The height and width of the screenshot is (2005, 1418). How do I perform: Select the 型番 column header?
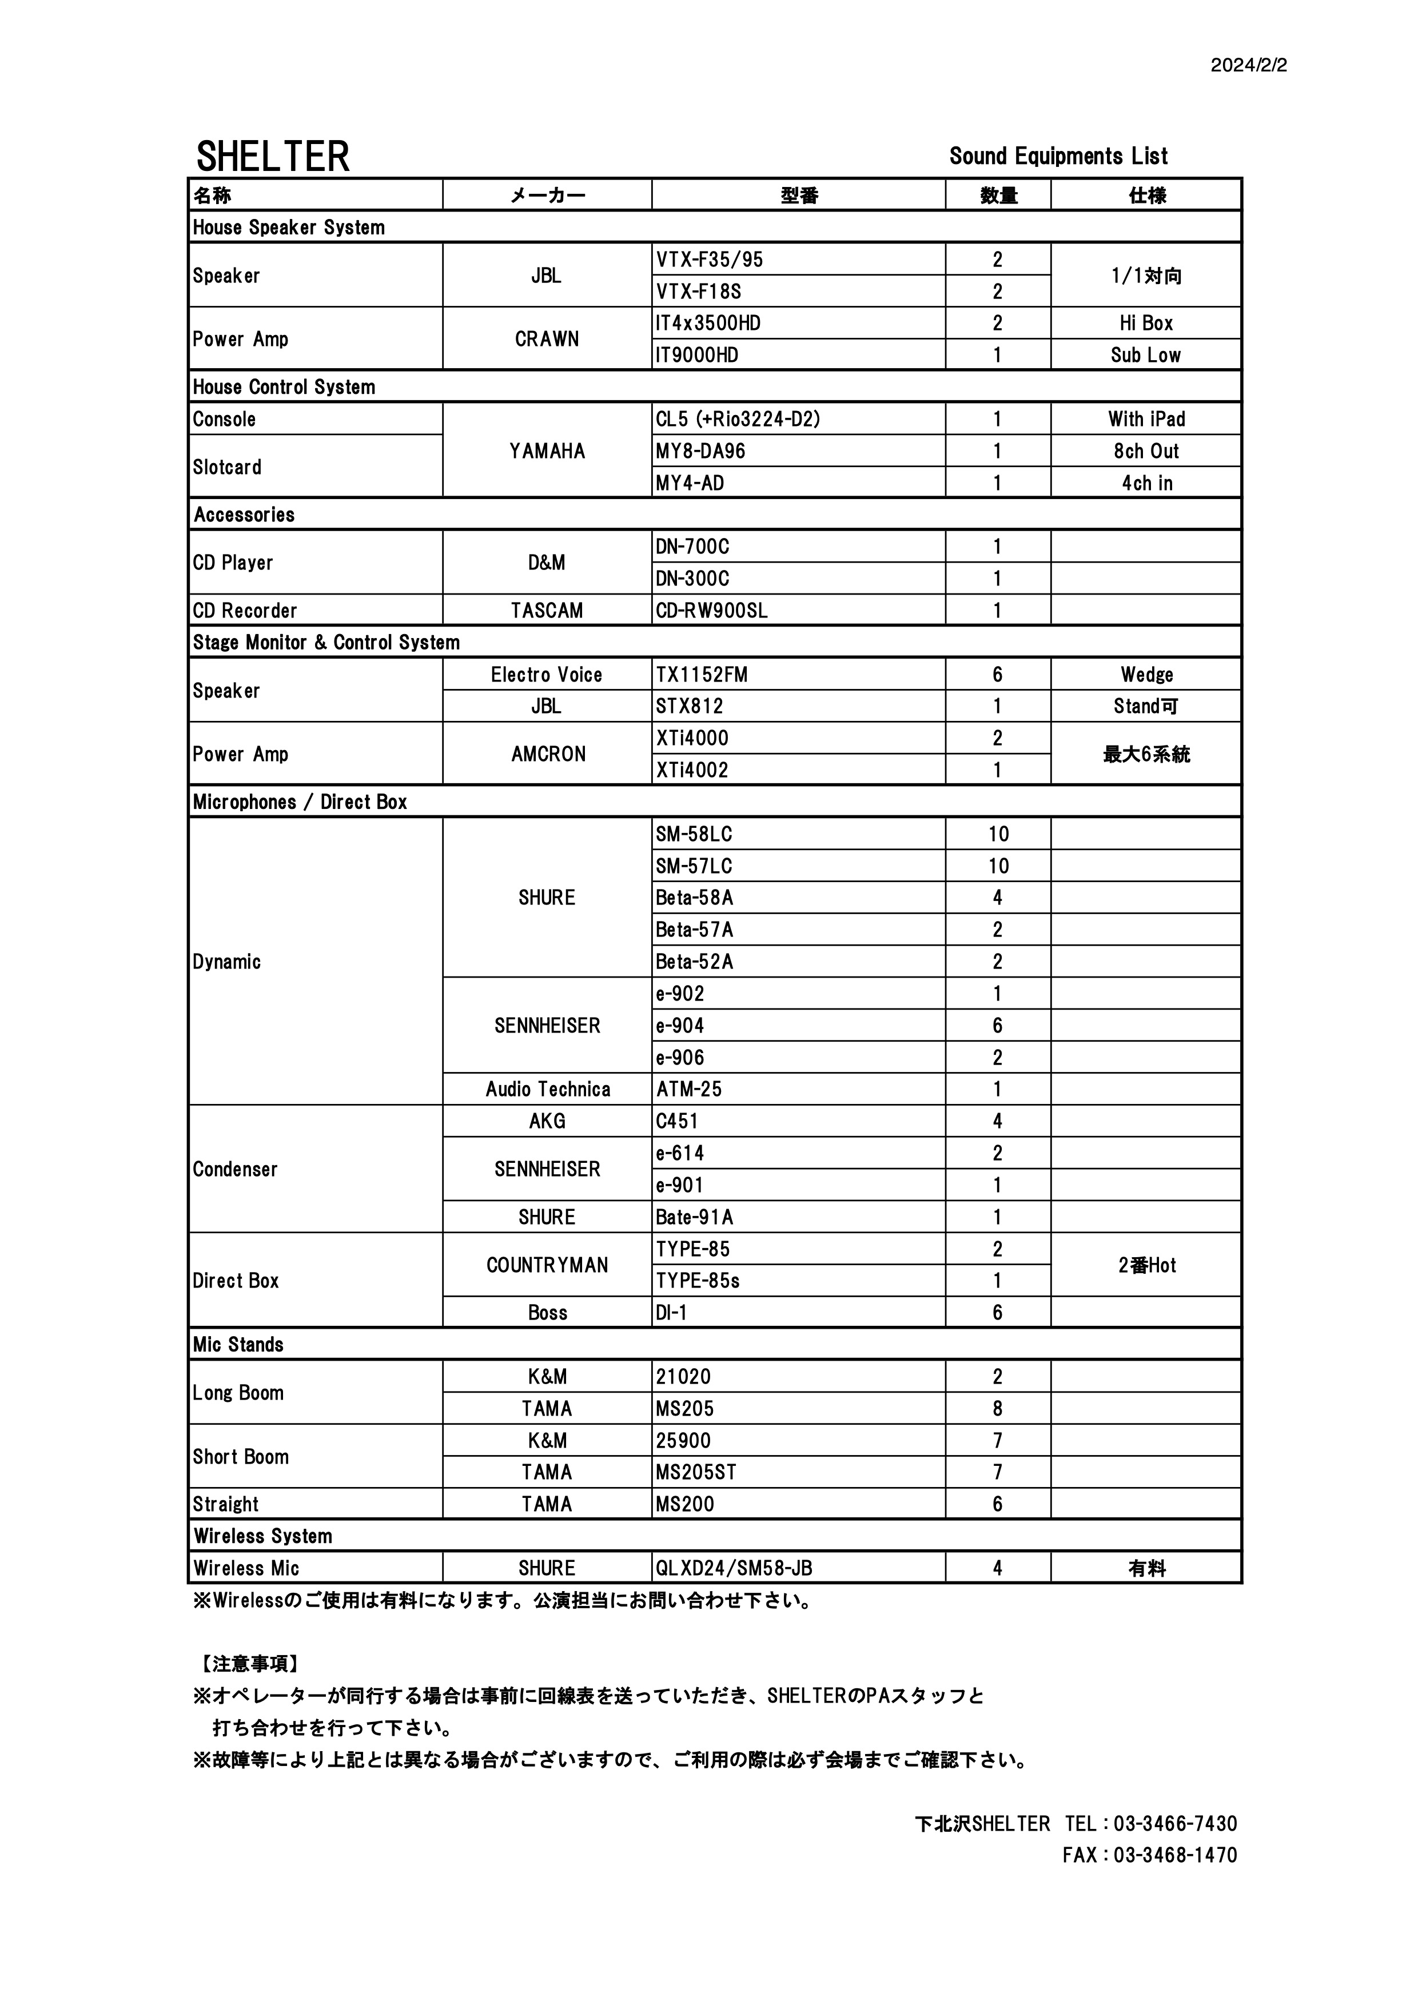tap(798, 196)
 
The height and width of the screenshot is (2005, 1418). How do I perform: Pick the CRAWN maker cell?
tap(547, 339)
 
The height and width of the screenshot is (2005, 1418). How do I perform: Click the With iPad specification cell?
tap(1146, 419)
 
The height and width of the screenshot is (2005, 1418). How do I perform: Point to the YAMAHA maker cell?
tap(547, 451)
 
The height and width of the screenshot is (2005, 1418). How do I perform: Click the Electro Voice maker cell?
tap(547, 674)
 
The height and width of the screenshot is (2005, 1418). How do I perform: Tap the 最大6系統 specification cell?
tap(1146, 755)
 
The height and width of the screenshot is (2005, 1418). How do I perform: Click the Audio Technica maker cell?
tap(547, 1089)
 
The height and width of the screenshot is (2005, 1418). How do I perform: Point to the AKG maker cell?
tap(547, 1121)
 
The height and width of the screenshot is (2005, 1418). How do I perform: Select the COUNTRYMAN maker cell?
tap(547, 1265)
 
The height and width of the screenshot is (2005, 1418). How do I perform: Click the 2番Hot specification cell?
tap(1146, 1265)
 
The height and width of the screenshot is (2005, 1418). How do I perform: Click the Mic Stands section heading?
tap(238, 1345)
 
